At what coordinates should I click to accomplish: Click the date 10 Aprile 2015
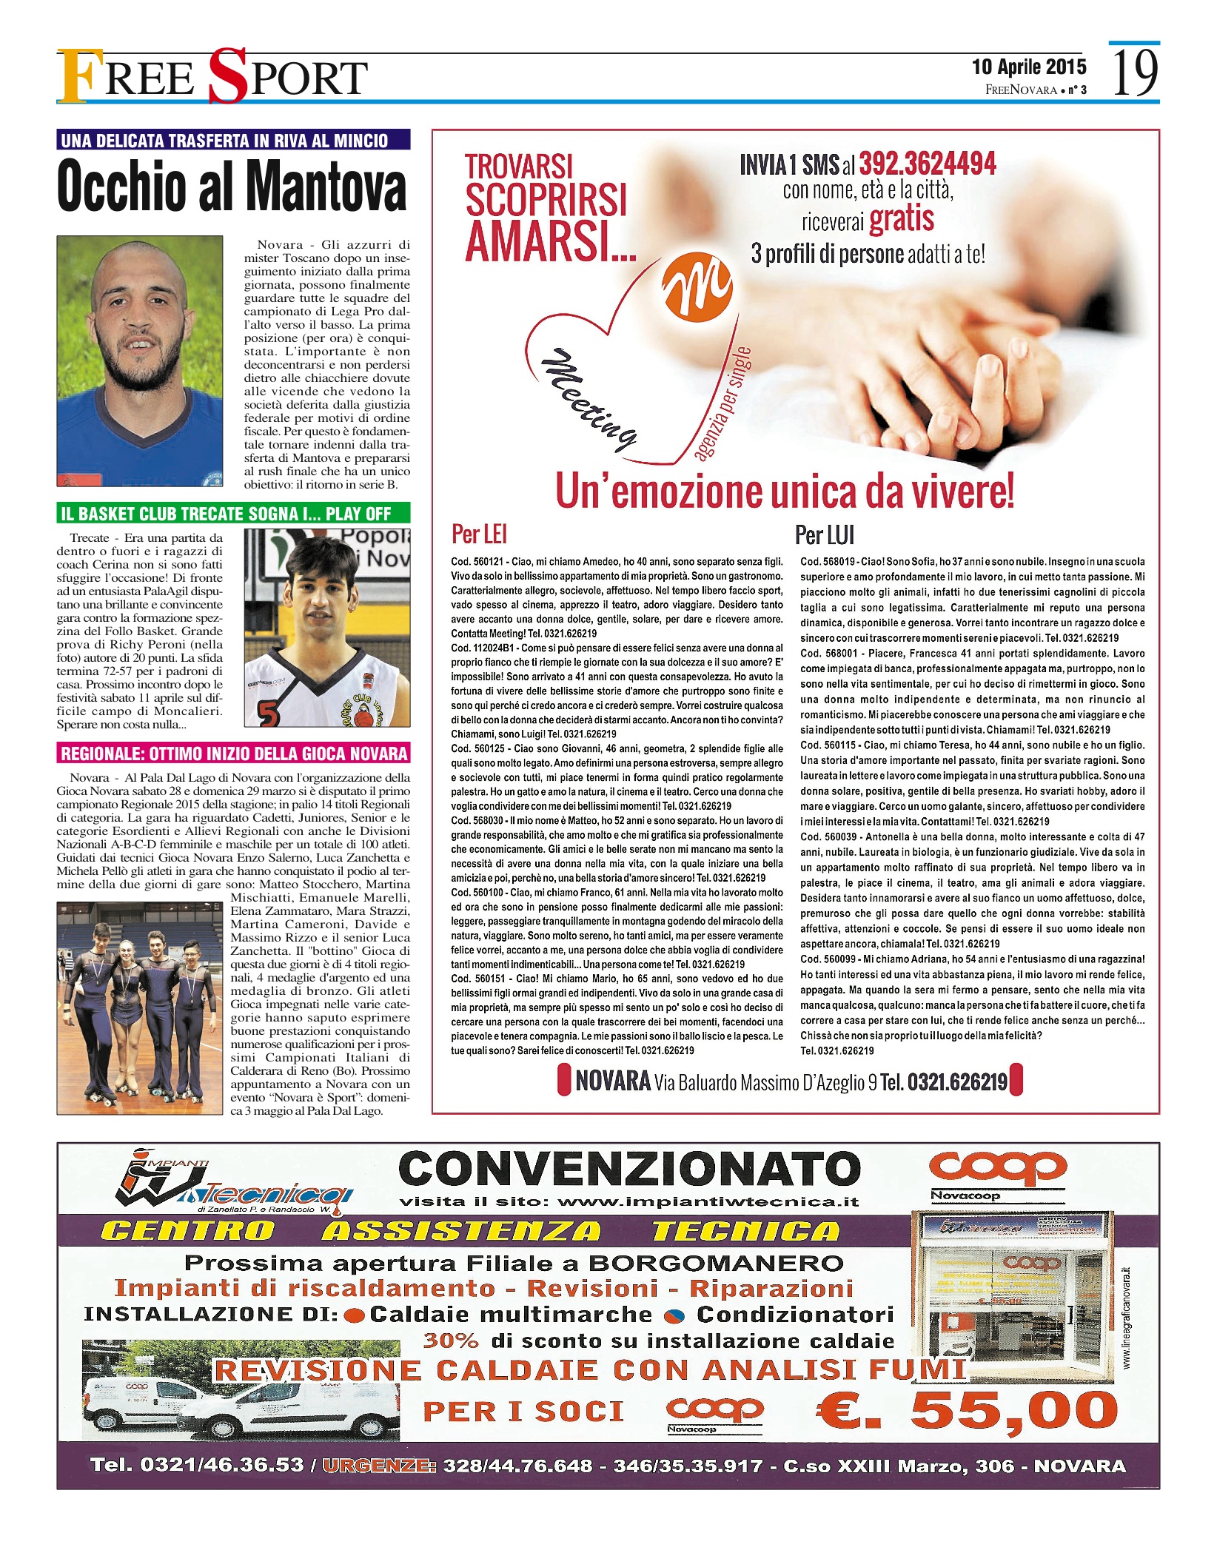click(x=1029, y=67)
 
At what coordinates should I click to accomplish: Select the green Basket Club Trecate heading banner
click(x=233, y=513)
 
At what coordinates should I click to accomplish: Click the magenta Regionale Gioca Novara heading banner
click(x=233, y=753)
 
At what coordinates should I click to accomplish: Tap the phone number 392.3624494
click(x=928, y=164)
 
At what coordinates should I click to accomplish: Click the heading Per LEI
click(x=479, y=534)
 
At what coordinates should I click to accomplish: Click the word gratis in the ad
click(x=902, y=219)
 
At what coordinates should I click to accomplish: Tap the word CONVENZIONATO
click(x=629, y=1169)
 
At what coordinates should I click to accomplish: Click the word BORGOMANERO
click(x=716, y=1263)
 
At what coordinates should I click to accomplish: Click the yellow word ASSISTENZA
click(x=461, y=1230)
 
